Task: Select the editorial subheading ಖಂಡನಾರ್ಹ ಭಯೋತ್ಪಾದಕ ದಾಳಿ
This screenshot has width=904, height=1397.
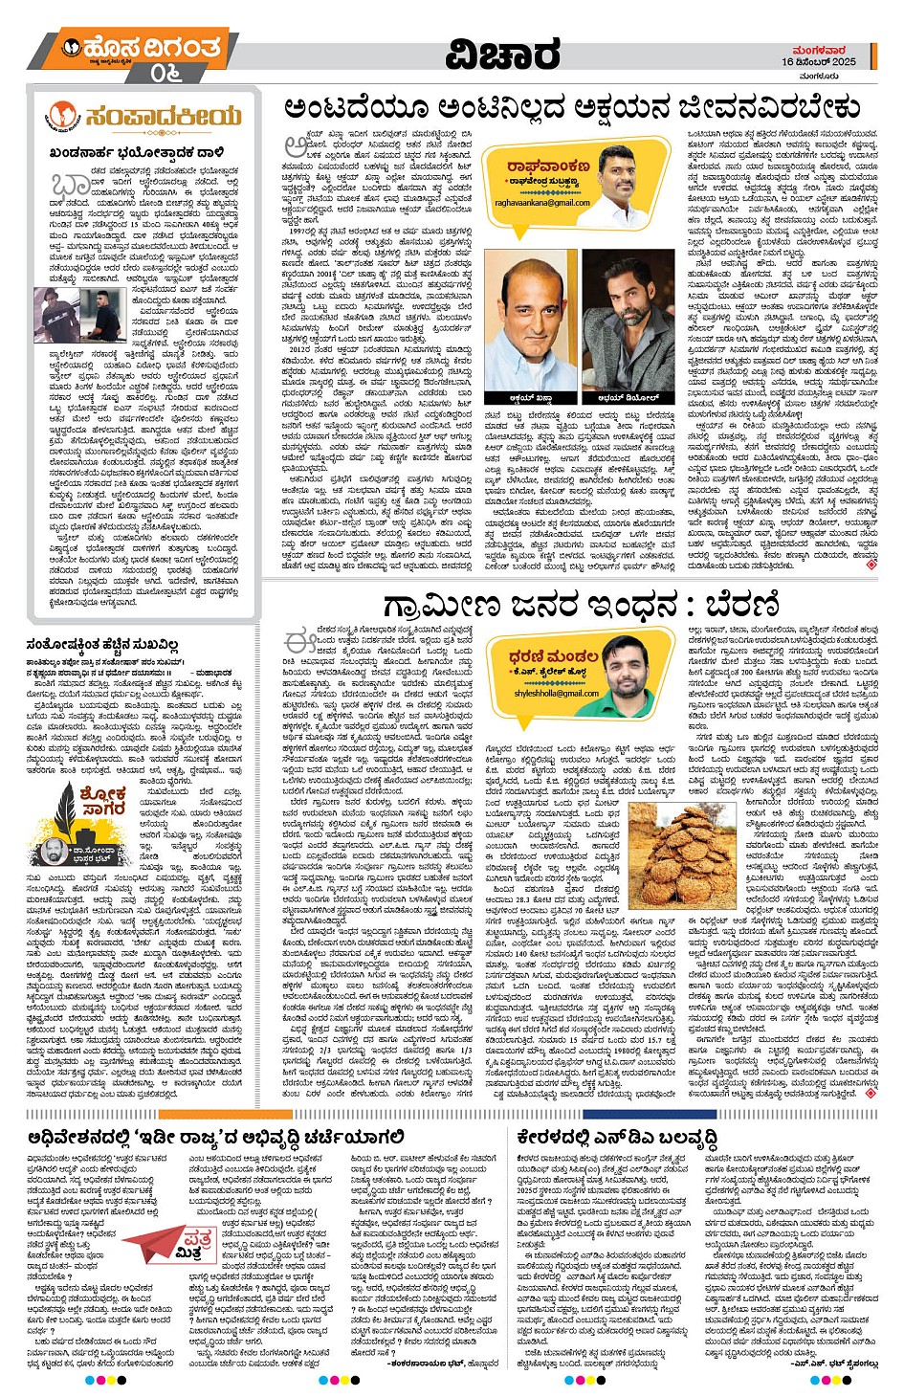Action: [x=136, y=152]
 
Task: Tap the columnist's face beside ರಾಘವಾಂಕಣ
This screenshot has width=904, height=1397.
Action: [x=620, y=172]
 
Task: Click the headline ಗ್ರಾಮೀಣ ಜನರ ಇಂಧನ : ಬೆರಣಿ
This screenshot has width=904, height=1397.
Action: [x=581, y=606]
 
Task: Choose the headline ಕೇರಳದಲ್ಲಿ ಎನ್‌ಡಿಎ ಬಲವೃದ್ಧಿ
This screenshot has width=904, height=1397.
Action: [x=617, y=1136]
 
